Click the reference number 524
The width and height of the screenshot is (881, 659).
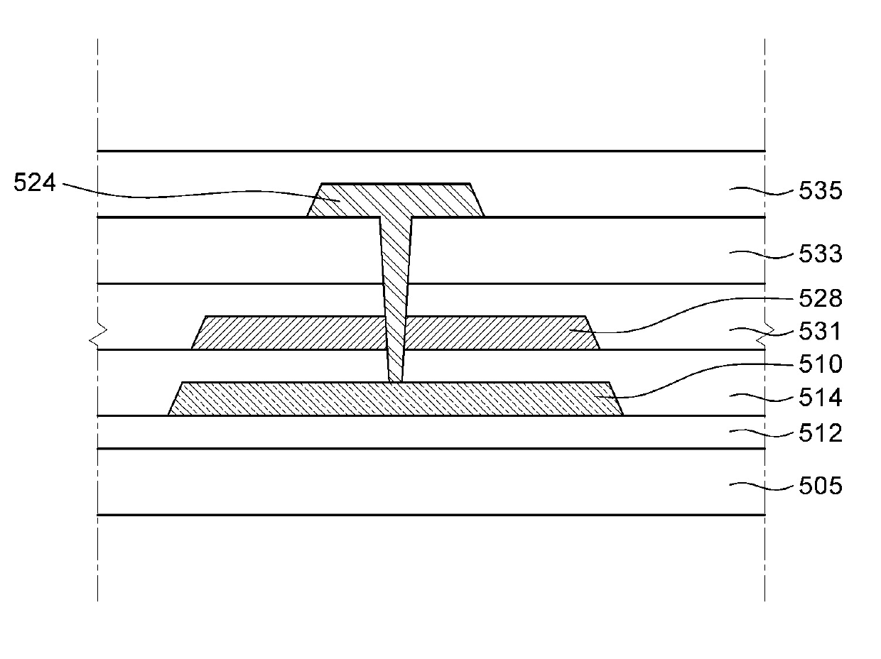click(x=34, y=184)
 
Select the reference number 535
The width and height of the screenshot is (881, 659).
click(x=821, y=191)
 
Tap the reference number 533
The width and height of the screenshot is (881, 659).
click(x=821, y=254)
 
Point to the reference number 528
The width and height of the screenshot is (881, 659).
click(x=821, y=298)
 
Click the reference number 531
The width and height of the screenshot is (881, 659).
click(x=821, y=332)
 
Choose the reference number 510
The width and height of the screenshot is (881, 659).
click(x=821, y=365)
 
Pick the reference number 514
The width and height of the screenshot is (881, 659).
click(x=821, y=398)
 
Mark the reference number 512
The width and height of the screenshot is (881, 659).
click(x=821, y=432)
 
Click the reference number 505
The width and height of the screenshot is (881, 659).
click(x=821, y=486)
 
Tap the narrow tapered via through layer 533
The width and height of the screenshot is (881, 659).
click(x=396, y=270)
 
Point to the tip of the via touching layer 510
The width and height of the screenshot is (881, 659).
click(x=395, y=379)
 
